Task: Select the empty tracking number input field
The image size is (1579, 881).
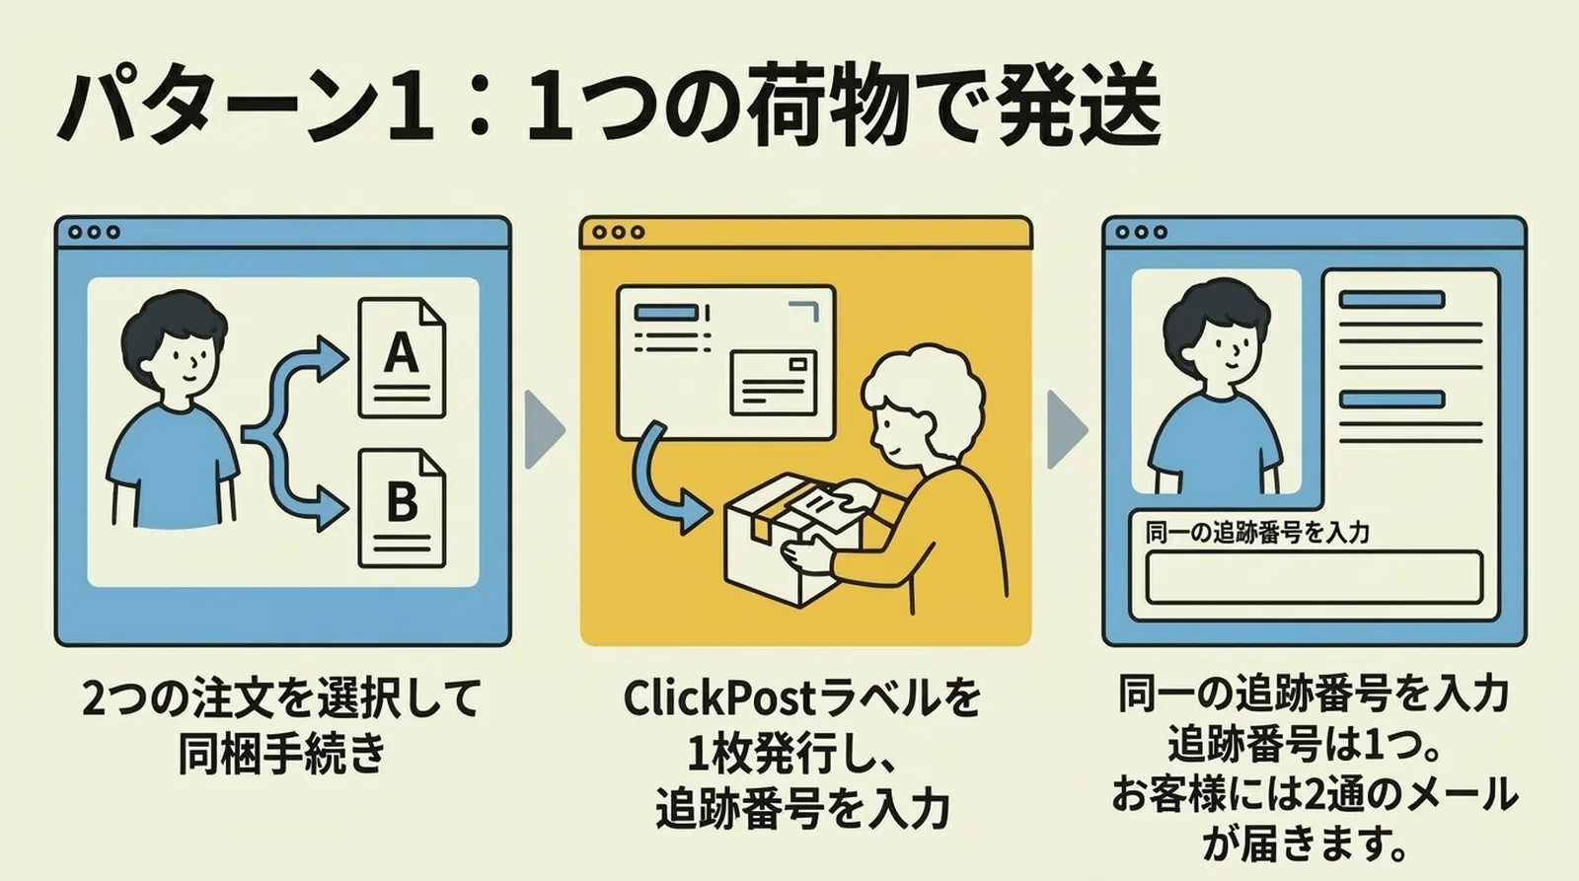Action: tap(1314, 577)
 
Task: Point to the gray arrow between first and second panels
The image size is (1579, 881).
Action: tap(544, 430)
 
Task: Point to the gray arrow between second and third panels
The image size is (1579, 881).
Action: tap(1066, 430)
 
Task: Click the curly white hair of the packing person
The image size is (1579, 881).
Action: tap(923, 380)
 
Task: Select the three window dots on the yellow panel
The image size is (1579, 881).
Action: tap(618, 232)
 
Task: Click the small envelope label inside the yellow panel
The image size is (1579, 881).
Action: tap(774, 382)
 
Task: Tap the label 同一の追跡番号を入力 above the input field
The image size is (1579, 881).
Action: tap(1257, 533)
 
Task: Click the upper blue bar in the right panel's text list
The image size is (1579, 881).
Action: tap(1391, 299)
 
